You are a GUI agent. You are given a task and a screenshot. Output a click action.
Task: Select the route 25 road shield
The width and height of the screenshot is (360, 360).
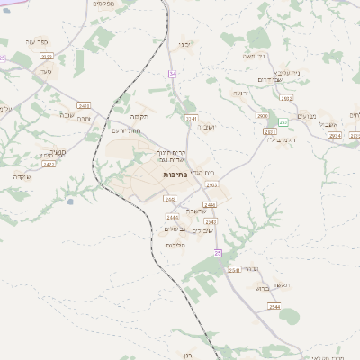(218, 254)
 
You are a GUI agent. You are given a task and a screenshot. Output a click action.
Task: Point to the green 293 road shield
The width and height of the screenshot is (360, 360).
(283, 121)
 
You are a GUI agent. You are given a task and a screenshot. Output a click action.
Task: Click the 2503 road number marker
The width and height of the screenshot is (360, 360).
(212, 184)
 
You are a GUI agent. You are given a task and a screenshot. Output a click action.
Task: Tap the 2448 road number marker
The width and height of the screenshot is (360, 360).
(169, 199)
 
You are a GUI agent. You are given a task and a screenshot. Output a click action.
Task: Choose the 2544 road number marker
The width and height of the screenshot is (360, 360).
(274, 307)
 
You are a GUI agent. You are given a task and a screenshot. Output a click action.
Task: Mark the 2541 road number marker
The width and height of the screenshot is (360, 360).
(234, 270)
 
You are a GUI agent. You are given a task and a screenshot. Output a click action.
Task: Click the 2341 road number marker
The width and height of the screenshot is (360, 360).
(190, 118)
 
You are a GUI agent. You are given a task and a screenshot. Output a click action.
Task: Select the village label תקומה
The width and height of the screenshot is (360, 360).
(139, 116)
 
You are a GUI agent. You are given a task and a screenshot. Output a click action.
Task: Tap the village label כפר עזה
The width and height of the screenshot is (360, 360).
(36, 41)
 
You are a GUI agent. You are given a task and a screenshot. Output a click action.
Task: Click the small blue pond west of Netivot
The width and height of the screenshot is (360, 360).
(69, 202)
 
